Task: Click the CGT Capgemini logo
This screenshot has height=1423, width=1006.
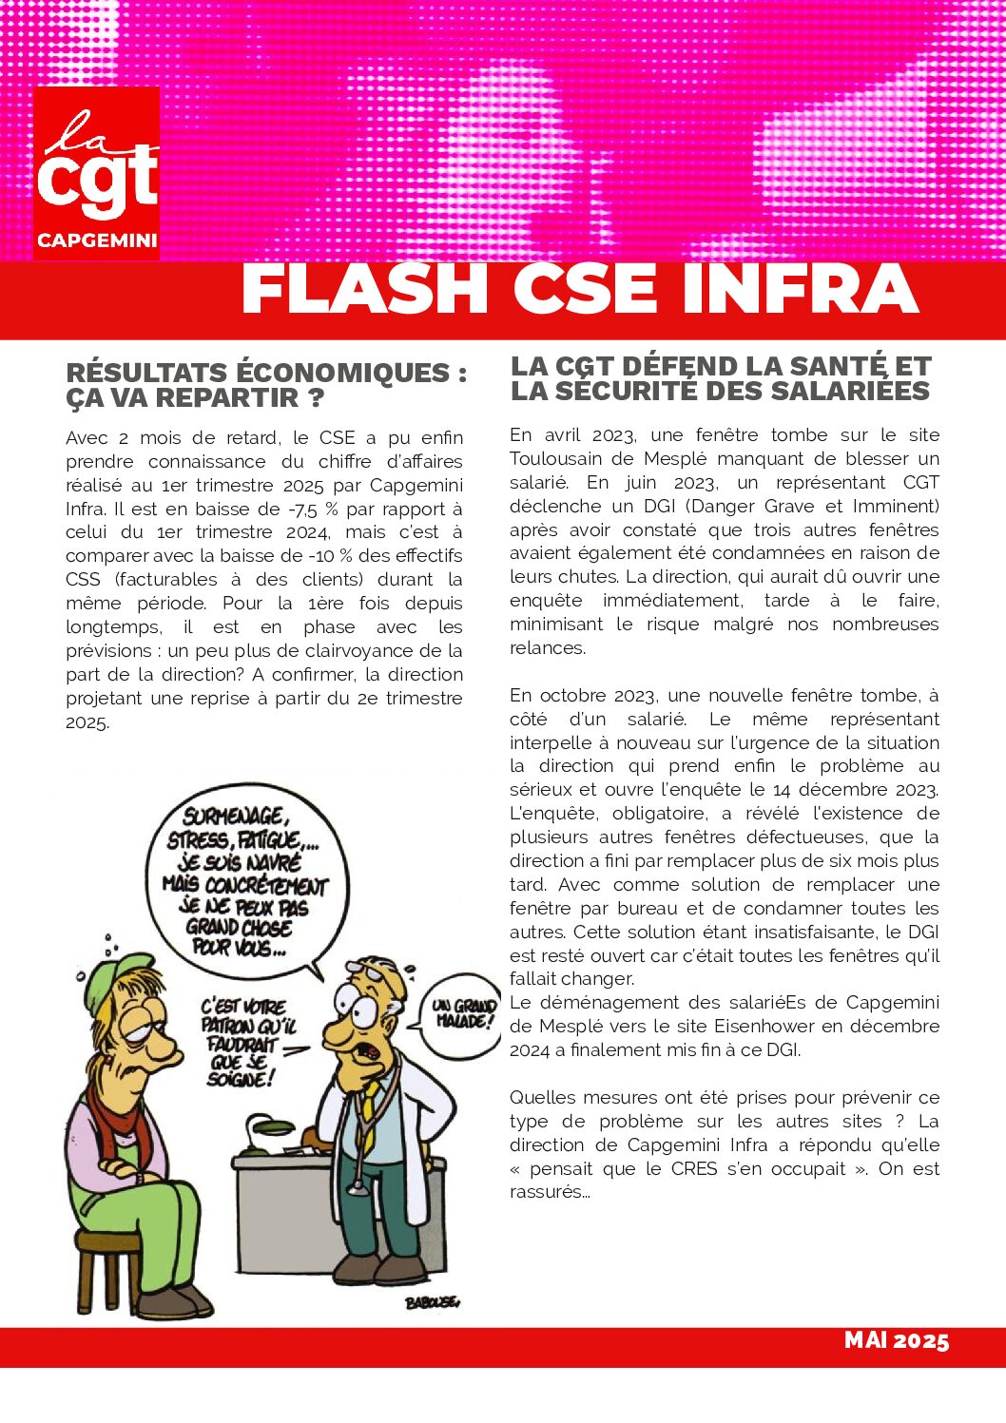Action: pyautogui.click(x=96, y=172)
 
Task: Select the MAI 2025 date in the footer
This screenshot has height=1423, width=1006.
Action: pyautogui.click(x=896, y=1340)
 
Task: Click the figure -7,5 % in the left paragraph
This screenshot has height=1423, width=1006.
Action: pyautogui.click(x=310, y=509)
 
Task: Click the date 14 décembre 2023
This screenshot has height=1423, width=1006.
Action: pyautogui.click(x=855, y=790)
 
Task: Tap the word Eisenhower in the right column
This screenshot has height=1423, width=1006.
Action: pyautogui.click(x=755, y=1027)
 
